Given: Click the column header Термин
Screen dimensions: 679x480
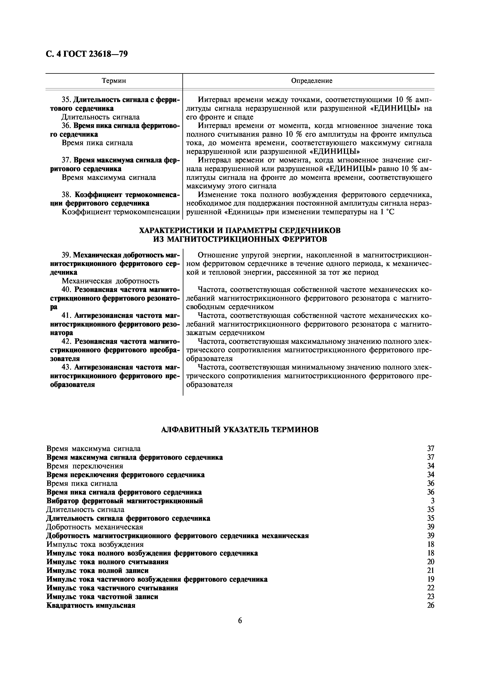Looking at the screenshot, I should (x=114, y=81).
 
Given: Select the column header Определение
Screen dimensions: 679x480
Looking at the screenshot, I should (x=312, y=81).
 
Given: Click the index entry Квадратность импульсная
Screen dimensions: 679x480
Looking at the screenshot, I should (x=91, y=605).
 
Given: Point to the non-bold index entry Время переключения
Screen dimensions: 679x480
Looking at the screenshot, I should (x=85, y=466).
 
